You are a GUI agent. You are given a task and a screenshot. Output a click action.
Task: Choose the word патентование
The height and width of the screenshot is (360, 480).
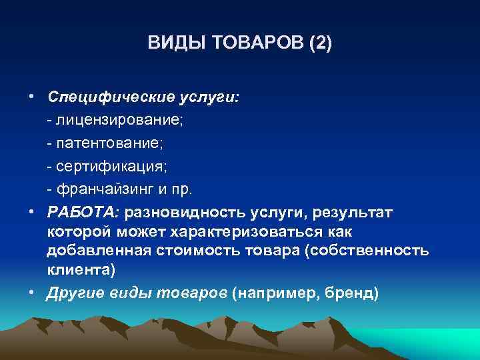pos(113,143)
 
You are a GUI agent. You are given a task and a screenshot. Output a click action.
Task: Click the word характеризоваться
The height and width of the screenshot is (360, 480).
pos(260,231)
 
